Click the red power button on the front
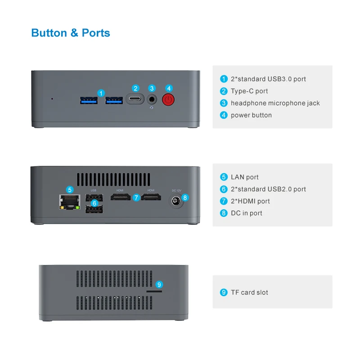pos(168,99)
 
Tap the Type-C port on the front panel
pos(135,99)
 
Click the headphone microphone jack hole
pos(152,99)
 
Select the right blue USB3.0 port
pos(114,99)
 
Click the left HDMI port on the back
pos(120,198)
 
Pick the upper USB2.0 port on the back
pos(94,198)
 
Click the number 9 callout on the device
pos(159,284)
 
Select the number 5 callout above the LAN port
pos(69,189)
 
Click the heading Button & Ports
pos(71,33)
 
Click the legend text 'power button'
pos(251,115)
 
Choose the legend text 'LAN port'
pos(244,177)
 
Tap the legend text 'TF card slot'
pos(249,292)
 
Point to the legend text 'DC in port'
pos(246,213)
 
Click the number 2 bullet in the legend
pos(224,91)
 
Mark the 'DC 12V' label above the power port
pos(176,190)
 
